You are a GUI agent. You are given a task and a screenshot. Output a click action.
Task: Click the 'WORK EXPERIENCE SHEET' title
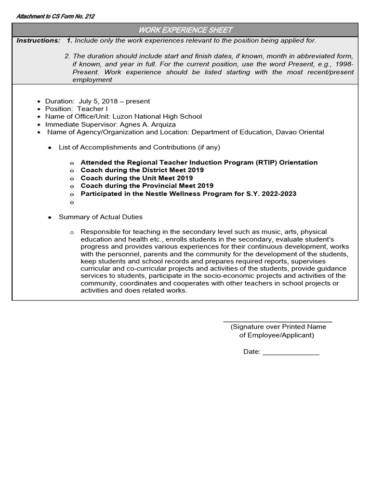click(185, 30)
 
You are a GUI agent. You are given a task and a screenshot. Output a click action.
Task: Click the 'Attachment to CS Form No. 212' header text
click(55, 16)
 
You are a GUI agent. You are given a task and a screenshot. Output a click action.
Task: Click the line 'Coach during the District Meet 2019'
click(142, 170)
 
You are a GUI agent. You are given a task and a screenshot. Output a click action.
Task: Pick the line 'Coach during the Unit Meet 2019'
click(136, 178)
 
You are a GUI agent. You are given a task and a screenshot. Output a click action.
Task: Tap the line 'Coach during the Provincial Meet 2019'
click(147, 186)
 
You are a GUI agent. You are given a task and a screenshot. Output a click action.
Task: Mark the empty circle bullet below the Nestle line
click(72, 202)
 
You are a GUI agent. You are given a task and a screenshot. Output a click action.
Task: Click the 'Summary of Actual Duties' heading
click(100, 217)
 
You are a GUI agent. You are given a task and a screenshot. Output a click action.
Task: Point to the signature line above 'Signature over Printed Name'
click(277, 321)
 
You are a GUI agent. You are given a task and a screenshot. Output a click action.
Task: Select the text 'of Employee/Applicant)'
click(277, 335)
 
